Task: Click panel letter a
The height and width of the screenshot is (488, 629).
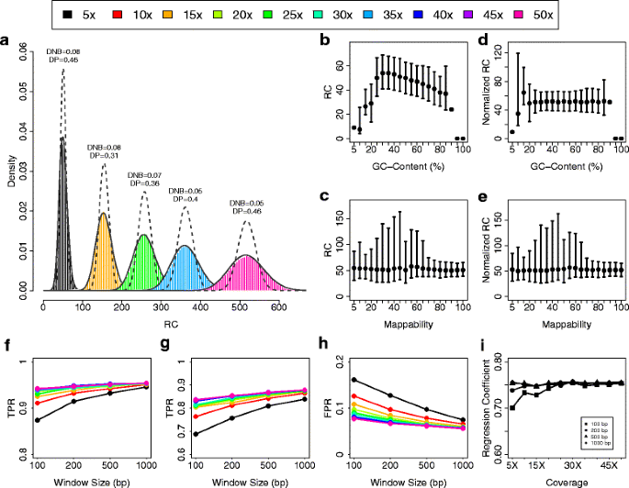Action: click(x=6, y=41)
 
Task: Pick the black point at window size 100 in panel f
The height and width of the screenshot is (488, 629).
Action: click(x=37, y=419)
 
